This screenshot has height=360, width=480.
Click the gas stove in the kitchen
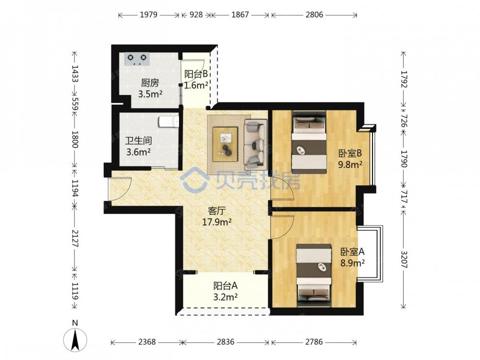136,59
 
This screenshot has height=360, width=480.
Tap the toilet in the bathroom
168,122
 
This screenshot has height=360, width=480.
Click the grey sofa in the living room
255,144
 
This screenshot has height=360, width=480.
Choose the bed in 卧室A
314,276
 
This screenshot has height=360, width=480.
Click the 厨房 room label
150,83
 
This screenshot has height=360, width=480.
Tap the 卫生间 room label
138,141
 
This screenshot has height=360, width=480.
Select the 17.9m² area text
216,222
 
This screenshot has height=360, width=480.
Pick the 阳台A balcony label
225,286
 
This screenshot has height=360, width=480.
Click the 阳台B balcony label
196,74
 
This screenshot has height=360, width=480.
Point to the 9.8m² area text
350,165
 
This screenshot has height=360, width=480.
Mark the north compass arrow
75,339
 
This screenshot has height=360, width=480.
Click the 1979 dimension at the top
148,14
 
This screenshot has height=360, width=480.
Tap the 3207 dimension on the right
404,260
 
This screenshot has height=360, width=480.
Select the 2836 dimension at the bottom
226,342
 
